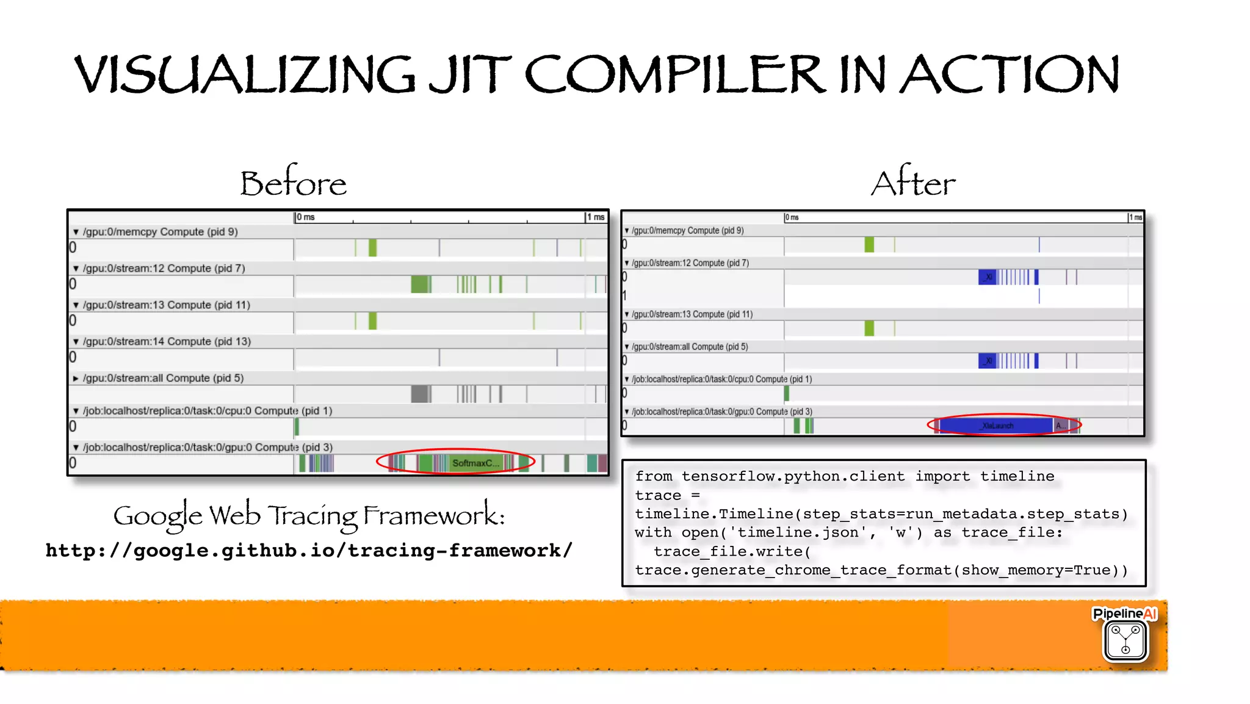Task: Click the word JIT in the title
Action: [470, 74]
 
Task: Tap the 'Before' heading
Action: [293, 183]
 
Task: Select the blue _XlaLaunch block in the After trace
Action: [996, 425]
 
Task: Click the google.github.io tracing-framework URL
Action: [309, 550]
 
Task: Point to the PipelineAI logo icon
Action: [1125, 640]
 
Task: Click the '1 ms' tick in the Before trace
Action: [596, 217]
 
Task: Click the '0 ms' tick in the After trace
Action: [792, 217]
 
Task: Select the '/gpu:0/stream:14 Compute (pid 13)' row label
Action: [167, 341]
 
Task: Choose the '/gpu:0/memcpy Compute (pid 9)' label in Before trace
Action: [160, 231]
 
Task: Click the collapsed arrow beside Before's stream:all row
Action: [76, 379]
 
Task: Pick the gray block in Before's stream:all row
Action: [420, 394]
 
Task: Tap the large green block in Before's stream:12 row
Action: [420, 284]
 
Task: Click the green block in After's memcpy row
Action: [869, 245]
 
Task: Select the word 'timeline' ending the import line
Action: [1017, 476]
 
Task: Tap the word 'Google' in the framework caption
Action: [157, 516]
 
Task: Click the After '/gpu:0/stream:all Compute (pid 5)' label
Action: [690, 347]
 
